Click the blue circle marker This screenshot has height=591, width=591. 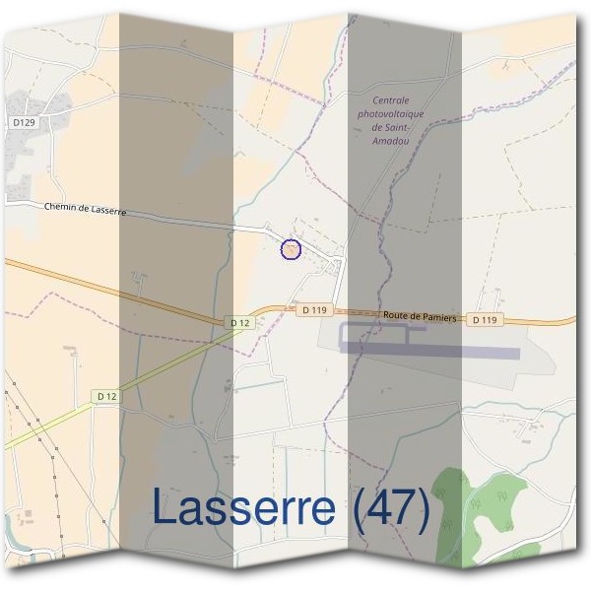(x=291, y=249)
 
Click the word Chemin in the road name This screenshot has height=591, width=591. (x=62, y=207)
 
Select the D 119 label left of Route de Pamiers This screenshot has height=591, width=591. (x=313, y=309)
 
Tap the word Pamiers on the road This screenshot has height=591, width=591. (x=437, y=318)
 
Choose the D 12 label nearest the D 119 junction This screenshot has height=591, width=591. (x=239, y=322)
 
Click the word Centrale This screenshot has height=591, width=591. (x=391, y=100)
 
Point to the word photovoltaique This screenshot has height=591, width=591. (x=391, y=114)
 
